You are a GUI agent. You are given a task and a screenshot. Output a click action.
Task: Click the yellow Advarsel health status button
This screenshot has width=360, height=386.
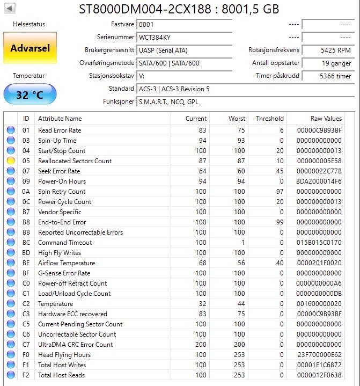pyautogui.click(x=30, y=48)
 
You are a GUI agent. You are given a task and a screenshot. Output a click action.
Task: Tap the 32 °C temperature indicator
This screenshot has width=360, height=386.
pyautogui.click(x=30, y=94)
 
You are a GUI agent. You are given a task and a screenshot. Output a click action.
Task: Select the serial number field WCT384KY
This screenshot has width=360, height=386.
pyautogui.click(x=184, y=38)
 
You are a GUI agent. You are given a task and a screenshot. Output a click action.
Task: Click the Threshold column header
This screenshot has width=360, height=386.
pyautogui.click(x=269, y=119)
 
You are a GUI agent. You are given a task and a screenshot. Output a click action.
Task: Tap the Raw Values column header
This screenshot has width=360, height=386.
pyautogui.click(x=326, y=119)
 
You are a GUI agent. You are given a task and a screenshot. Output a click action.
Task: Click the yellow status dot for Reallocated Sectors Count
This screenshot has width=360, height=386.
pyautogui.click(x=11, y=161)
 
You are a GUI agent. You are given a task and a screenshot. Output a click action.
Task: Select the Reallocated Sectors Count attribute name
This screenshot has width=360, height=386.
pyautogui.click(x=75, y=161)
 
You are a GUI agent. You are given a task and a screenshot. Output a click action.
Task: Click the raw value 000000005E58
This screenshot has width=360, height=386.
pyautogui.click(x=319, y=161)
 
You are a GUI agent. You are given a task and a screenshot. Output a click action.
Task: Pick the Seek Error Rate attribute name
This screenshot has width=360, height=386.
pyautogui.click(x=59, y=171)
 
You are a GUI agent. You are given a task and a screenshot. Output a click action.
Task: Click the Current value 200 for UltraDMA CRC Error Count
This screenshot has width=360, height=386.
pyautogui.click(x=200, y=345)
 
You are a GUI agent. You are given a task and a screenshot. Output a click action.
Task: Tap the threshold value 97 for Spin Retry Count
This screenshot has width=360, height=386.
pyautogui.click(x=279, y=192)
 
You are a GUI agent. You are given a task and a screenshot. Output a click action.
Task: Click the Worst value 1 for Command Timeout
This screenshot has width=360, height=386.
pyautogui.click(x=243, y=243)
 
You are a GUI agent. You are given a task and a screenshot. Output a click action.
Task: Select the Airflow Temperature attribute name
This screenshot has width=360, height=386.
pyautogui.click(x=67, y=263)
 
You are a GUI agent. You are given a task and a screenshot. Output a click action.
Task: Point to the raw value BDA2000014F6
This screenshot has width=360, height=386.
pyautogui.click(x=319, y=181)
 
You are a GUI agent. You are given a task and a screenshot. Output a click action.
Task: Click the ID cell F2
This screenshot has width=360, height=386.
pyautogui.click(x=26, y=375)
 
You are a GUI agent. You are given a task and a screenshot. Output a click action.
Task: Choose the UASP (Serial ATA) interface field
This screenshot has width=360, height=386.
pyautogui.click(x=184, y=50)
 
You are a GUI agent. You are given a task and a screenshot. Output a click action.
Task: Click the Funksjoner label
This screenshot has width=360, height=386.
pyautogui.click(x=119, y=101)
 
